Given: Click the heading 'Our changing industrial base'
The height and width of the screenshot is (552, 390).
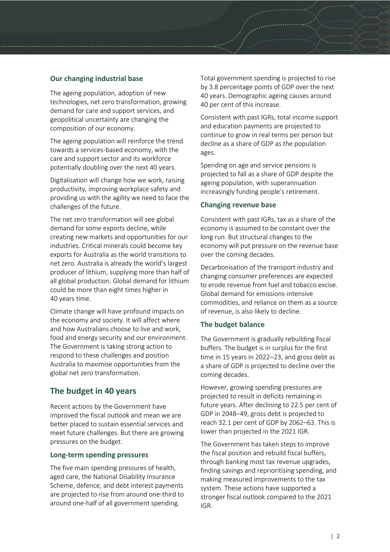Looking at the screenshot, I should [96, 79].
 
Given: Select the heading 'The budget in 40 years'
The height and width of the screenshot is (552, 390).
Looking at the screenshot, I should [93, 391].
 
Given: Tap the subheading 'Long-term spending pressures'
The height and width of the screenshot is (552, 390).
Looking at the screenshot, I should [99, 455].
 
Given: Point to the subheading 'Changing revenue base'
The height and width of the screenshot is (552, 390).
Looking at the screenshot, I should [238, 205].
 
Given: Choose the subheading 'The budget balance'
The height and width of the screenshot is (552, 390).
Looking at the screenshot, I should [232, 325].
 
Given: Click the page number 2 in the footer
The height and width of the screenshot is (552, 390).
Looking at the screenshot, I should [338, 536].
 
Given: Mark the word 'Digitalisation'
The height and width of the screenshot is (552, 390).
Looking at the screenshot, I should [69, 180].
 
